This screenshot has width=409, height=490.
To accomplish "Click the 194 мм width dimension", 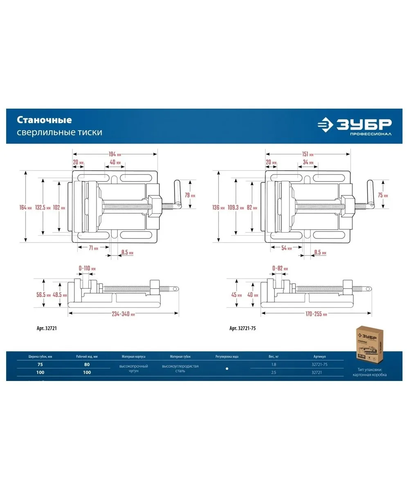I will [115, 154].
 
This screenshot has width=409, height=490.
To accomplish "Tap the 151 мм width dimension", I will [308, 154].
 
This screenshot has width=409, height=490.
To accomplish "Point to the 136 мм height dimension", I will [219, 207].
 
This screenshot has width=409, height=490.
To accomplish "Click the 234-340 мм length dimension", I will [123, 314].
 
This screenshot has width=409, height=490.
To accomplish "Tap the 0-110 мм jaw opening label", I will [87, 268].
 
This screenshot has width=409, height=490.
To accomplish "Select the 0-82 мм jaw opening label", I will [280, 268].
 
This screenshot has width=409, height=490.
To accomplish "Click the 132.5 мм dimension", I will [43, 207].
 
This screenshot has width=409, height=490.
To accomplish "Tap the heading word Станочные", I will [44, 120].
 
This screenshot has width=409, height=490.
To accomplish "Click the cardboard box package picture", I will [369, 344].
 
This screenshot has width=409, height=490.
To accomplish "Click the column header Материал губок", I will [180, 356].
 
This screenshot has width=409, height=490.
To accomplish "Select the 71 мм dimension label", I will [93, 248].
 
